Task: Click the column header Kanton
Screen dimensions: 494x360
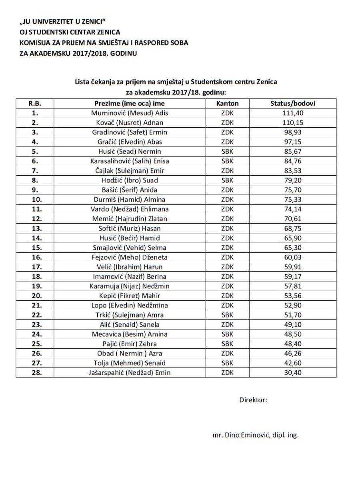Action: pyautogui.click(x=227, y=103)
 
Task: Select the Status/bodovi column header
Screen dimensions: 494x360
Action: pyautogui.click(x=293, y=103)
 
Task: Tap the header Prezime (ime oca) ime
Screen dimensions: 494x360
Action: pyautogui.click(x=130, y=103)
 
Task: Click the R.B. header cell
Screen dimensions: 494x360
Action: pyautogui.click(x=35, y=103)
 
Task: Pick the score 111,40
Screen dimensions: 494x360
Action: pyautogui.click(x=293, y=113)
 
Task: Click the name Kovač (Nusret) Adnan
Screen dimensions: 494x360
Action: pyautogui.click(x=130, y=122)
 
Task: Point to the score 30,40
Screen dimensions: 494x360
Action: pyautogui.click(x=293, y=373)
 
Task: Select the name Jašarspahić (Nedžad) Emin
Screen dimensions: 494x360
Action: pyautogui.click(x=130, y=373)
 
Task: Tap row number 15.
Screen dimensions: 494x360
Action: pyautogui.click(x=35, y=247)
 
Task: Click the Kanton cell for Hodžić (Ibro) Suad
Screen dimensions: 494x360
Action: pyautogui.click(x=227, y=180)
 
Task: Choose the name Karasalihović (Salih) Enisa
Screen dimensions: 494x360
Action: pyautogui.click(x=130, y=161)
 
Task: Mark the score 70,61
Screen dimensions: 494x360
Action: pyautogui.click(x=293, y=219)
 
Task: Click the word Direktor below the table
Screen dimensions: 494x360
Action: pyautogui.click(x=253, y=400)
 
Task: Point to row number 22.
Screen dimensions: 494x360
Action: pyautogui.click(x=35, y=315)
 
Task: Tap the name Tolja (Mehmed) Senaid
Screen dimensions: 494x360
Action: pyautogui.click(x=130, y=363)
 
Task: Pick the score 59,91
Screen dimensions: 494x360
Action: pyautogui.click(x=293, y=267)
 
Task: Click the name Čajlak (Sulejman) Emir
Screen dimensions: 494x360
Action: pyautogui.click(x=130, y=171)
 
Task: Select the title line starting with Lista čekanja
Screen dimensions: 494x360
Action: pyautogui.click(x=176, y=82)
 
